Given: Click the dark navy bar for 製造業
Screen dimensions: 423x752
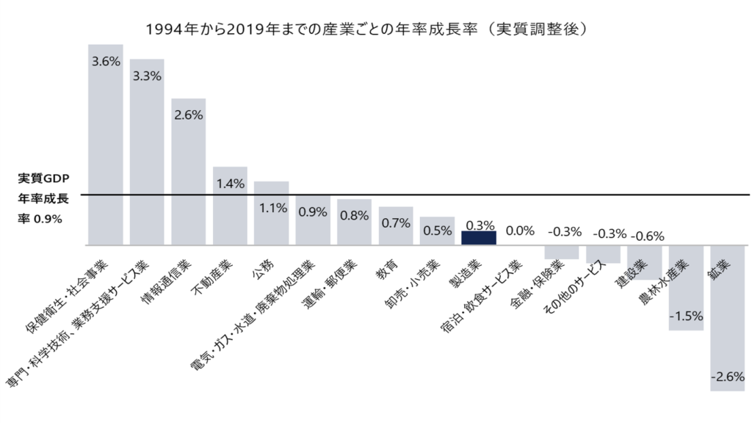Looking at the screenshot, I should (x=479, y=238).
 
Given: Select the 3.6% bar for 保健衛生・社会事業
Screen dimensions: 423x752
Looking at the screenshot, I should (x=106, y=147).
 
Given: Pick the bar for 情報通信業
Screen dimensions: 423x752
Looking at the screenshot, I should (x=189, y=176).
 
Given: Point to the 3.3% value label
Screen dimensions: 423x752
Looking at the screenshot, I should (x=147, y=76).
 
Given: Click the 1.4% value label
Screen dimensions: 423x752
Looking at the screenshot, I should (x=230, y=184).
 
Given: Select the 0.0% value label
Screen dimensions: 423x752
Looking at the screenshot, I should (x=520, y=231).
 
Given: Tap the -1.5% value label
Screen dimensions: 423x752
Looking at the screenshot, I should (x=686, y=317).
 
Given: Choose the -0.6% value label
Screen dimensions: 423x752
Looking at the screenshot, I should (x=647, y=236).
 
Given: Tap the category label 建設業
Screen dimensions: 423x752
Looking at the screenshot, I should (x=632, y=274).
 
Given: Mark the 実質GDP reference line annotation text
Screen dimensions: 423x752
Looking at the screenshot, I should (x=43, y=198).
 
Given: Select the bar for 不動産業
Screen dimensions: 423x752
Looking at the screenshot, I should (x=230, y=213).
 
